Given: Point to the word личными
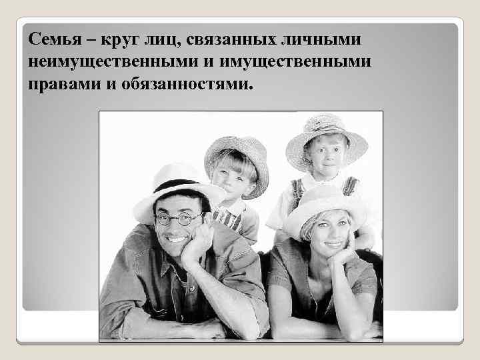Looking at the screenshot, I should coord(326,42).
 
